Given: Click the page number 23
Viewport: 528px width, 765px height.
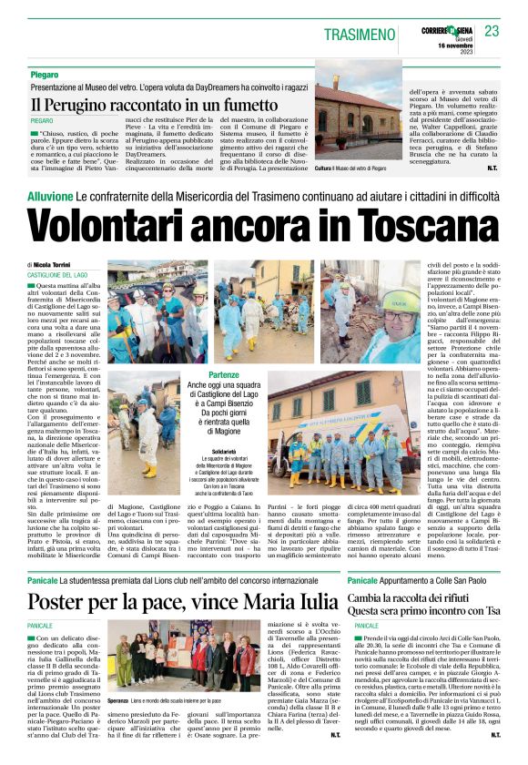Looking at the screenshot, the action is [x=492, y=31].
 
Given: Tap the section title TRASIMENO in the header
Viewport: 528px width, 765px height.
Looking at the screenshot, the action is [x=360, y=34].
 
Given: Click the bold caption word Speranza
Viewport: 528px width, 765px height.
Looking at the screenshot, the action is [x=118, y=700].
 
